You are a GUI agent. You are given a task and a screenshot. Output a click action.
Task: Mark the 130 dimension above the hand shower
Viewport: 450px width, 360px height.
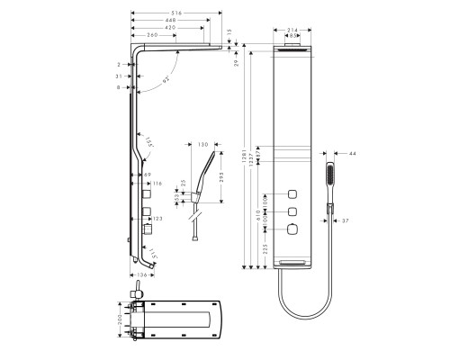point(202,144)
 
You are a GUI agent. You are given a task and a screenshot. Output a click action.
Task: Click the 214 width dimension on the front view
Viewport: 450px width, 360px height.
point(292,29)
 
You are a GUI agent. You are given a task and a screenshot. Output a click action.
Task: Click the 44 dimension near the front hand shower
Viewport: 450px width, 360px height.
point(353,154)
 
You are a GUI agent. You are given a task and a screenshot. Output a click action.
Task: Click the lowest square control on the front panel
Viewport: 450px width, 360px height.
point(292,231)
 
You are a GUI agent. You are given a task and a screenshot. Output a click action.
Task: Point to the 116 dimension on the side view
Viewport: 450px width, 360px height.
point(156,184)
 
